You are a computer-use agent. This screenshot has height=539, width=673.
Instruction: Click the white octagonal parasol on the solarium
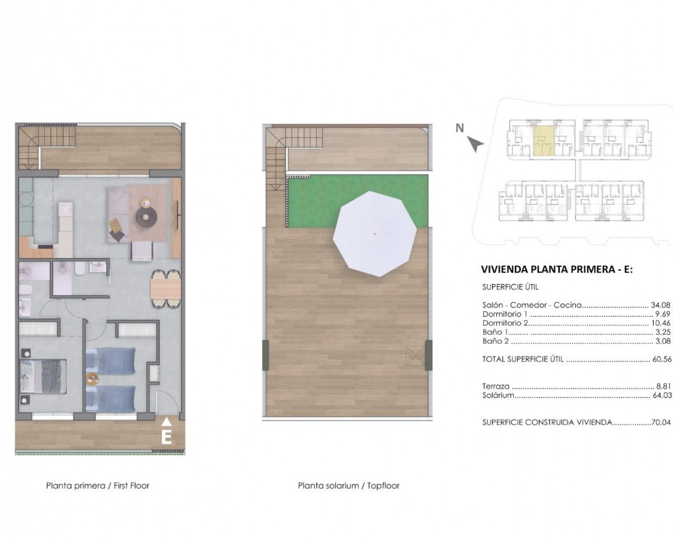pos(375,234)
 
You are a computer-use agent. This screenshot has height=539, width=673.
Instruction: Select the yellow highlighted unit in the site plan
pos(544,141)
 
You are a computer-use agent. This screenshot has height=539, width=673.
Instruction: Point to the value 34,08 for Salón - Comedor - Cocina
pos(661,305)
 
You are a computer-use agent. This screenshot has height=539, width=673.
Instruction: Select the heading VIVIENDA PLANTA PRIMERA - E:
pos(557,269)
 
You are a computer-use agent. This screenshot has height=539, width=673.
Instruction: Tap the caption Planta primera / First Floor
pos(98,486)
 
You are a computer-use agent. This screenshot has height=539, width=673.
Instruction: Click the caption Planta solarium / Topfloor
pos(349,486)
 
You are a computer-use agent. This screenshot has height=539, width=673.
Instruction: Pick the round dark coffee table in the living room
pos(146,217)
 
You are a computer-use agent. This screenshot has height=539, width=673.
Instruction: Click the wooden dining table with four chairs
pos(166,288)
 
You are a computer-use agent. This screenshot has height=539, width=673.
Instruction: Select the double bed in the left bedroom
pos(43,376)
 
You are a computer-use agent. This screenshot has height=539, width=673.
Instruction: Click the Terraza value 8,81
pos(664,386)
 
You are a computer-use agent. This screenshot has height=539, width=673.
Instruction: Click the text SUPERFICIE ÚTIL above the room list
pos(511,287)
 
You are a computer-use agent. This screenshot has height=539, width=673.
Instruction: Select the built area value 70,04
pos(661,423)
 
